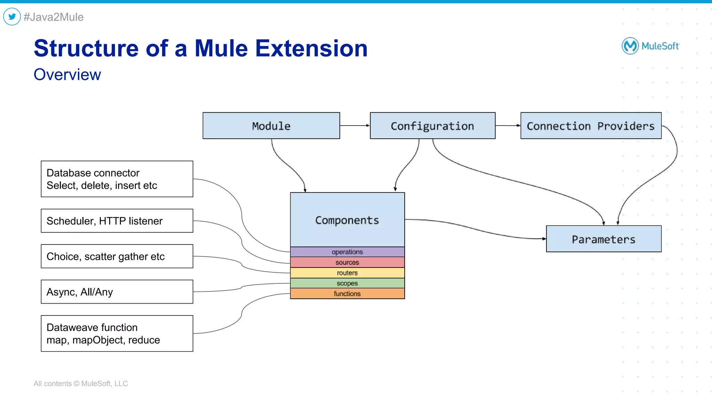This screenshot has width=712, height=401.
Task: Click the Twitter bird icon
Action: [12, 17]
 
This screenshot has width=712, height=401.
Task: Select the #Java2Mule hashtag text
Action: [54, 17]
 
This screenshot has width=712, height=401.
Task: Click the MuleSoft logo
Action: [650, 46]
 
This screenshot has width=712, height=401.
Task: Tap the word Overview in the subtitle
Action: [67, 75]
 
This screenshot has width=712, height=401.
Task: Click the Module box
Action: [271, 126]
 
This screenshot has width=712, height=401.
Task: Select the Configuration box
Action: [432, 126]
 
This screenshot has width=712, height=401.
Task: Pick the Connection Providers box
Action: [591, 126]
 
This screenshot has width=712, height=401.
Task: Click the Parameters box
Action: [604, 239]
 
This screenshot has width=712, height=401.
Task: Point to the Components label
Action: [347, 220]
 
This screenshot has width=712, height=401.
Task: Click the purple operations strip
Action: [347, 252]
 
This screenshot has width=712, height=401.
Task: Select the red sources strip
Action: [347, 262]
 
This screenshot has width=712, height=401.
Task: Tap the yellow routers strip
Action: [347, 273]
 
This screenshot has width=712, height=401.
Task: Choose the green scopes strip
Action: [347, 283]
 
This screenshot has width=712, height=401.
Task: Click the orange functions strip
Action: [347, 294]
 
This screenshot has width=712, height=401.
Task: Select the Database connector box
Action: [117, 179]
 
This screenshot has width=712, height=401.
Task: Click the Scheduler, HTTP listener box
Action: [117, 220]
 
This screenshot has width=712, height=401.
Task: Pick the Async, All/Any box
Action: [117, 291]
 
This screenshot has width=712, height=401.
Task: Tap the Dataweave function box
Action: [117, 333]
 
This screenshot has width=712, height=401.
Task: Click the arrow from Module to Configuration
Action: [355, 126]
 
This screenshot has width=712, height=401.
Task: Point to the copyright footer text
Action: [81, 383]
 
